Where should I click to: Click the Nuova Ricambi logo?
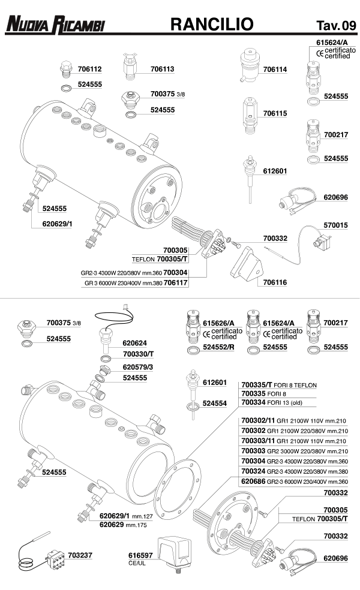[55, 24]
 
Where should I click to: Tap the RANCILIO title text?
[212, 23]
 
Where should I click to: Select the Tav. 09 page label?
[332, 25]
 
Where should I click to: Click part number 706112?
[89, 69]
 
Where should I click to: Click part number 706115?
[275, 113]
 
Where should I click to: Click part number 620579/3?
[138, 366]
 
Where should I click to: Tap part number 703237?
[80, 555]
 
